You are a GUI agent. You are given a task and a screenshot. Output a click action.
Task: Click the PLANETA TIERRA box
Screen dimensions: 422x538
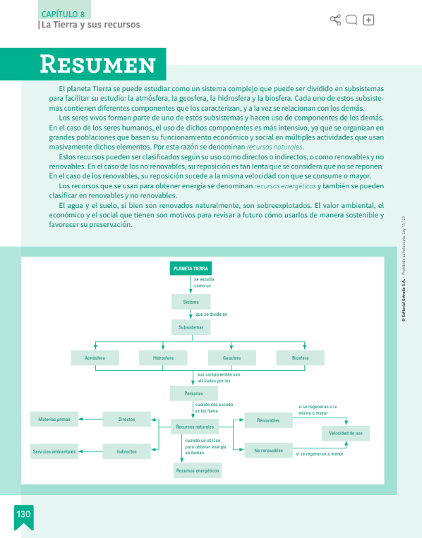(191, 269)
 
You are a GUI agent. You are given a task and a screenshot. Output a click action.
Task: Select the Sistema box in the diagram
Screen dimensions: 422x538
(191, 302)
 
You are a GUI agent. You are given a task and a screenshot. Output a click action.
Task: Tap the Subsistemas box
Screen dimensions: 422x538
(191, 328)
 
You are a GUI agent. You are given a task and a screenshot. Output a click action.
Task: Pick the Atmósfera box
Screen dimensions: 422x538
(95, 358)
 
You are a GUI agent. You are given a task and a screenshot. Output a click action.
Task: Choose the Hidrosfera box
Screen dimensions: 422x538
(163, 358)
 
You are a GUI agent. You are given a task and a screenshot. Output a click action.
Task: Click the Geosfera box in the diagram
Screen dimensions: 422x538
(231, 358)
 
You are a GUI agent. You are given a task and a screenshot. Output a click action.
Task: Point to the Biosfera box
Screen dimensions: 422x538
(300, 358)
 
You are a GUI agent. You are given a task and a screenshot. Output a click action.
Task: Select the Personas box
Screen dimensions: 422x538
(193, 393)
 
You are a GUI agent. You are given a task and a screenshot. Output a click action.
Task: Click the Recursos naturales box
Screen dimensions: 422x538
(195, 427)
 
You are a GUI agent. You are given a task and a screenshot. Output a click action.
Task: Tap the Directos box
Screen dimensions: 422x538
(127, 420)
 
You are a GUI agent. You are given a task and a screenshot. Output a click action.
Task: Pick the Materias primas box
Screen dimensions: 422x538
(54, 420)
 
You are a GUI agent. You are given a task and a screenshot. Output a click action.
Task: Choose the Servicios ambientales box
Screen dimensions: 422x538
(54, 451)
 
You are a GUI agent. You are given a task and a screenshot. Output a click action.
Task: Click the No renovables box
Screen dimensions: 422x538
(268, 451)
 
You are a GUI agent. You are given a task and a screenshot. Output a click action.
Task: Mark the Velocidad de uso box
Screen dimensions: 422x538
(346, 433)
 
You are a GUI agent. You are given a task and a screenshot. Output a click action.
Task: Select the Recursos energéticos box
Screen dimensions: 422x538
(198, 470)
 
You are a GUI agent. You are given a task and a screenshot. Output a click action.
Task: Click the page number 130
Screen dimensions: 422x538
(23, 515)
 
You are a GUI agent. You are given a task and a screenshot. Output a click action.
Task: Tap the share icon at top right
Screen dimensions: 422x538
(335, 20)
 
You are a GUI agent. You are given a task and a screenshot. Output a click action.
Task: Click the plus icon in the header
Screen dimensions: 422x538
(368, 20)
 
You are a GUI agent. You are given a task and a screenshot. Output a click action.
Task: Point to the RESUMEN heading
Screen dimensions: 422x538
(97, 65)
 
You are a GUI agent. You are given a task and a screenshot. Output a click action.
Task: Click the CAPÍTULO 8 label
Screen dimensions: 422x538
(63, 14)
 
